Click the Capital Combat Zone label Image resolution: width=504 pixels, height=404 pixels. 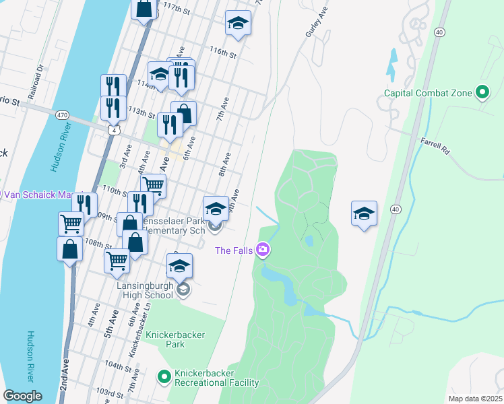pos(428,93)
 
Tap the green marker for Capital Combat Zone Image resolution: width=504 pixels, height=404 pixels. pos(482,92)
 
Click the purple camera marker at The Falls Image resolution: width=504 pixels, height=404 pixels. pos(263,250)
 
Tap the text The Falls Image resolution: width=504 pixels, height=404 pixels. pos(234,251)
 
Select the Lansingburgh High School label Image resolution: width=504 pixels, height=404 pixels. pos(146,290)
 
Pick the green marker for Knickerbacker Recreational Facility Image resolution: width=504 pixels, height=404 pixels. pos(163,377)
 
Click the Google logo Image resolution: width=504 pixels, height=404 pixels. pos(22,396)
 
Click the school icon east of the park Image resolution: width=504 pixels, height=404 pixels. pos(364,213)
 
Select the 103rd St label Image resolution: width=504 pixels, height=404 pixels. pos(108,391)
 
